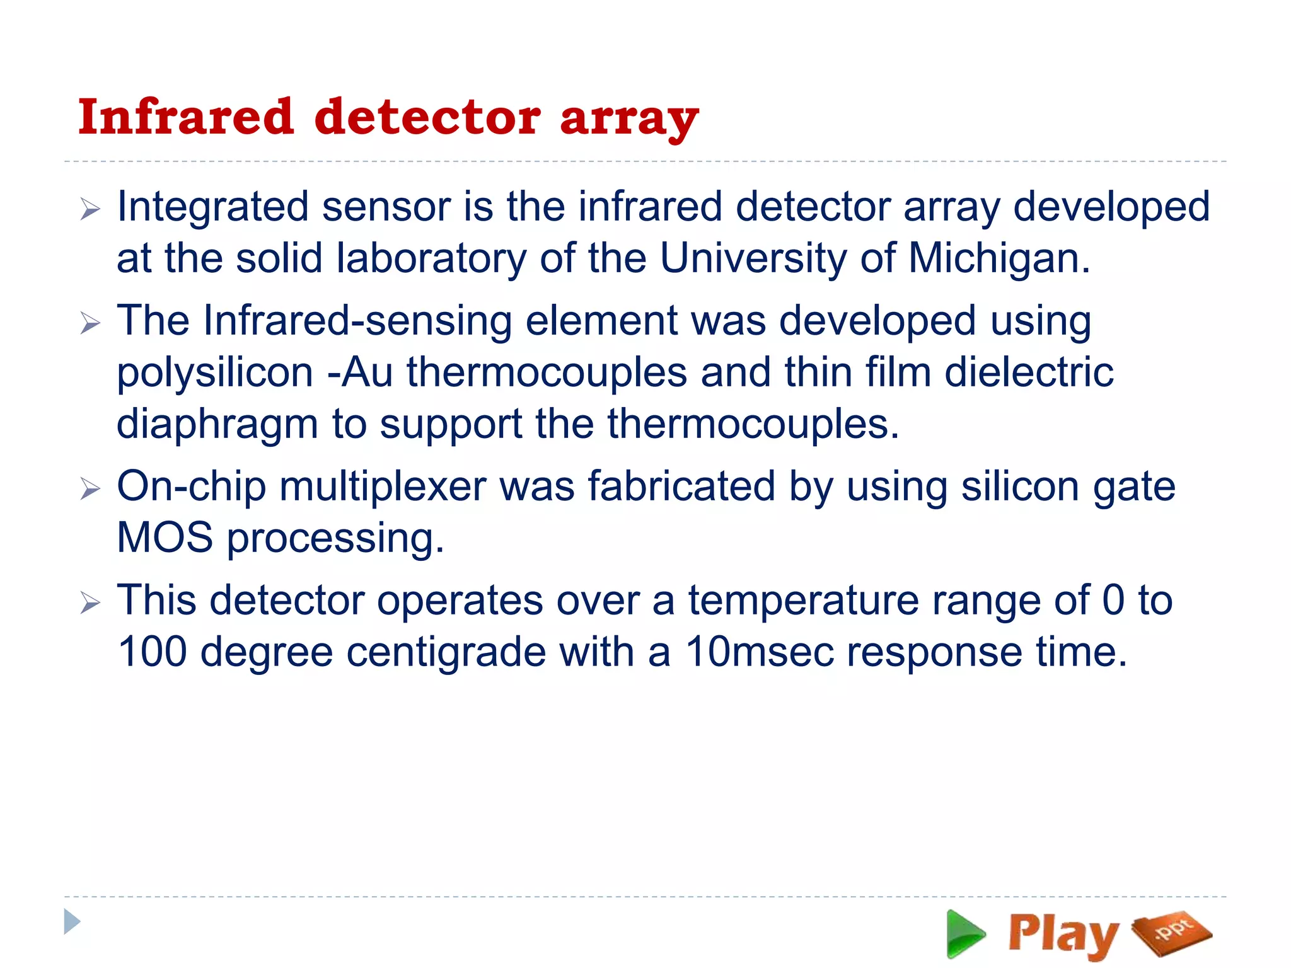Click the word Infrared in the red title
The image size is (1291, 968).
point(186,117)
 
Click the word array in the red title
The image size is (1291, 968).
point(629,120)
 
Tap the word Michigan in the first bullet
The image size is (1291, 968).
point(999,258)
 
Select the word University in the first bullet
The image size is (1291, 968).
point(753,258)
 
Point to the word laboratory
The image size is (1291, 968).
point(431,258)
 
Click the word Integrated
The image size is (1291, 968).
point(212,208)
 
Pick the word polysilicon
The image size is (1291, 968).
point(214,373)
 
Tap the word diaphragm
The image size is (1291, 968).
point(217,425)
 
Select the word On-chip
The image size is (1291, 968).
point(191,487)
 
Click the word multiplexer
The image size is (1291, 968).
point(383,487)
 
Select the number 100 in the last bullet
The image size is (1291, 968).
point(152,652)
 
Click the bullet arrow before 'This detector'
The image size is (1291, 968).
point(90,603)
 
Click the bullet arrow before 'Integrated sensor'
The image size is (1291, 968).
point(90,209)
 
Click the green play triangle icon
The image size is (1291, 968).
point(964,934)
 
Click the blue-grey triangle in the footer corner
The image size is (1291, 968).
point(72,922)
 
